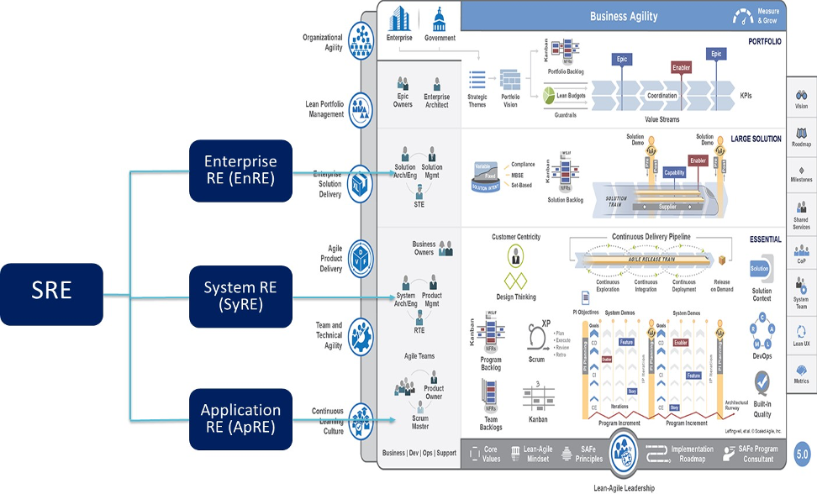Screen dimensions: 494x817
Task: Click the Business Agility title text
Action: click(624, 16)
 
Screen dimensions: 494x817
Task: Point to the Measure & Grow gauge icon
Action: click(744, 15)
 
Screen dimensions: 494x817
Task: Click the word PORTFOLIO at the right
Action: click(765, 40)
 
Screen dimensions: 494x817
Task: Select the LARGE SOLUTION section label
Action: click(756, 139)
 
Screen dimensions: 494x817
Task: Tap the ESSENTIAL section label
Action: click(765, 239)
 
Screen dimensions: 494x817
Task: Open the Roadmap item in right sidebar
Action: click(801, 137)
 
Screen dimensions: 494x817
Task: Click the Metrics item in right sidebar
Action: click(801, 372)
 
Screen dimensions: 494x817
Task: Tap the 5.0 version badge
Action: click(802, 455)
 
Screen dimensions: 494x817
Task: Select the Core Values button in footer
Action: click(484, 455)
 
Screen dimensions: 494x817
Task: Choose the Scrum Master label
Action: click(420, 422)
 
